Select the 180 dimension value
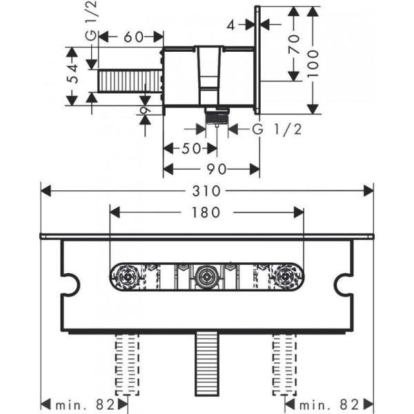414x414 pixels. pyautogui.click(x=206, y=213)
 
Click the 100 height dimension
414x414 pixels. pyautogui.click(x=314, y=59)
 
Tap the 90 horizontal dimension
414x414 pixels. pyautogui.click(x=210, y=169)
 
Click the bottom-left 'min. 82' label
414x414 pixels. pyautogui.click(x=83, y=402)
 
